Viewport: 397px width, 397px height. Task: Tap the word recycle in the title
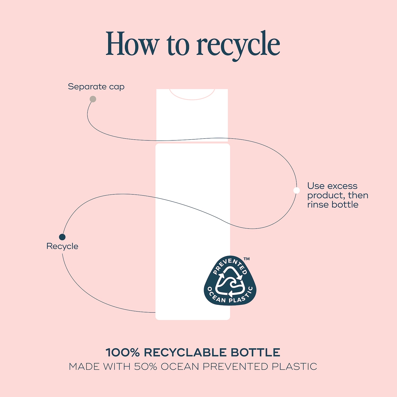tap(238, 45)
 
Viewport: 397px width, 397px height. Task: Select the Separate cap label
tap(96, 87)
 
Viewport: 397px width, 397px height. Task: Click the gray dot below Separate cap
tap(93, 99)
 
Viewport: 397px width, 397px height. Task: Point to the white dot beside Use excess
tap(297, 190)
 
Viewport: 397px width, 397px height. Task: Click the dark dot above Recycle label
tap(62, 237)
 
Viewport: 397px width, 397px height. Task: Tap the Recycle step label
tap(62, 246)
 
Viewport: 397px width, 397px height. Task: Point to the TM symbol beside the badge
tap(247, 259)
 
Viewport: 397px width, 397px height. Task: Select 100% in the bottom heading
tap(123, 353)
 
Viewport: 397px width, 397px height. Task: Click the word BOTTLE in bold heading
tap(255, 353)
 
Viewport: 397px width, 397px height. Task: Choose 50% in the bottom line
tap(146, 367)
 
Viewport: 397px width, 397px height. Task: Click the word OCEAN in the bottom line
tap(180, 367)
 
